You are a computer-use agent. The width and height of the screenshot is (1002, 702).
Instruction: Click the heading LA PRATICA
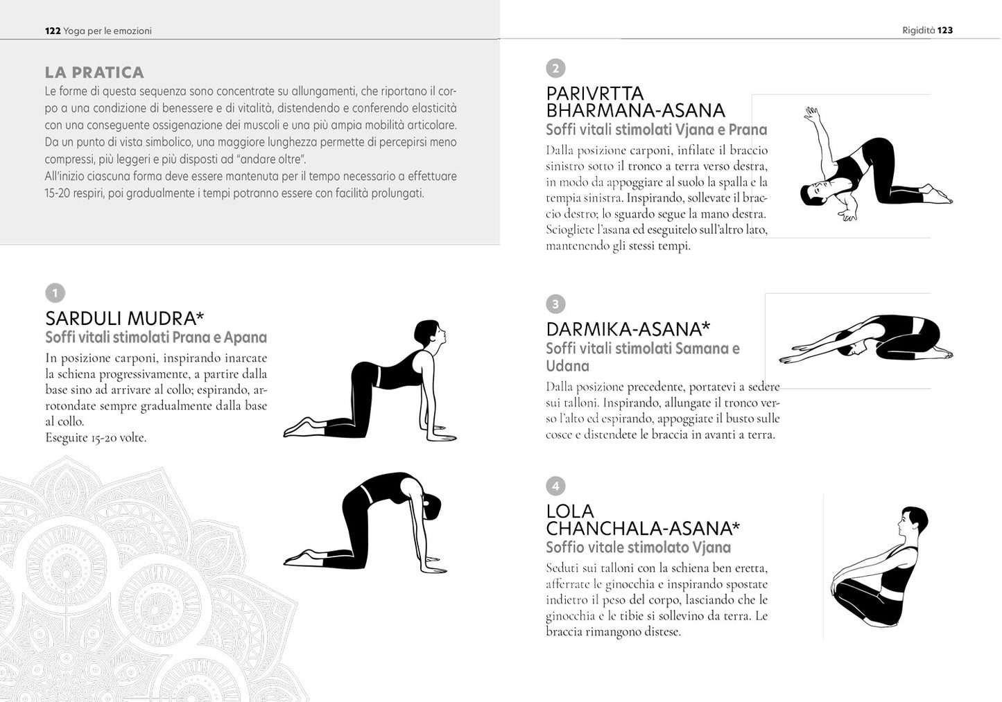point(94,73)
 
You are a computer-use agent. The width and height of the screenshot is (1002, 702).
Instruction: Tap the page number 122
point(52,30)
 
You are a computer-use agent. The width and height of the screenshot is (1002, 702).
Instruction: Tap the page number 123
point(945,30)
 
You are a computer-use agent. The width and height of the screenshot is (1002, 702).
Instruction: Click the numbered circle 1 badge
point(55,293)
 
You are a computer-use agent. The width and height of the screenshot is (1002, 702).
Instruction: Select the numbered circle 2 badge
point(555,68)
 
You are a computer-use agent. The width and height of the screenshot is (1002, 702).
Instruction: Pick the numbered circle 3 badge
point(555,304)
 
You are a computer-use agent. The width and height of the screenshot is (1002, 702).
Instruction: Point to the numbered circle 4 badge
point(555,486)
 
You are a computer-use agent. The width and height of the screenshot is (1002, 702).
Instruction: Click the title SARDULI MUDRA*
point(125,318)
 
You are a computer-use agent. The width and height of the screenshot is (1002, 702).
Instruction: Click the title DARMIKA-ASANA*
point(628,328)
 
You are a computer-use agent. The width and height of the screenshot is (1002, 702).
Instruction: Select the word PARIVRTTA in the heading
point(595,94)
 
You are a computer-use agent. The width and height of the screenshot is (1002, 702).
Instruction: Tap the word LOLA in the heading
point(570,511)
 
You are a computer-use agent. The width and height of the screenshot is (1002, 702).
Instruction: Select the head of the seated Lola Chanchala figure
point(913,522)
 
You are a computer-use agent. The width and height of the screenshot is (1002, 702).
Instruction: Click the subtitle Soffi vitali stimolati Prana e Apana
point(156,337)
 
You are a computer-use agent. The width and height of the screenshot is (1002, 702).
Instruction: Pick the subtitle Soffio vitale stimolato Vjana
point(638,547)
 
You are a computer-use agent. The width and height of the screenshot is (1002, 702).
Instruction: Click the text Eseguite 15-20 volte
point(96,437)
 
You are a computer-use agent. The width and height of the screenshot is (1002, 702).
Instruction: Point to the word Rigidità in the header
point(918,30)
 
